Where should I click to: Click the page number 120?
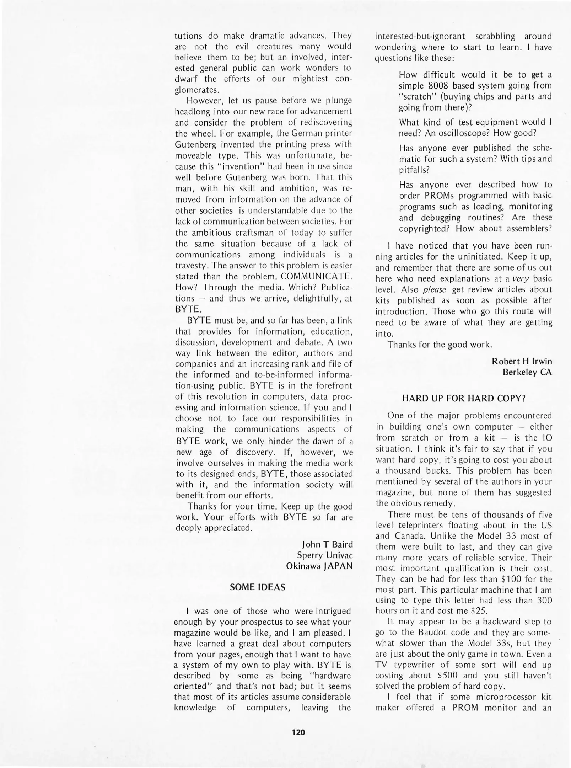pos(298,732)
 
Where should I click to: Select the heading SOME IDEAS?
pos(258,587)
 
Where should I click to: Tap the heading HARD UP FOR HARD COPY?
pos(463,399)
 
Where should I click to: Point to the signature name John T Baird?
pos(327,544)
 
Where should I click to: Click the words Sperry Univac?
pos(325,555)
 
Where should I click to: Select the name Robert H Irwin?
pos(522,361)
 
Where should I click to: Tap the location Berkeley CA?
pos(527,372)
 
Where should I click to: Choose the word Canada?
pos(408,536)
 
